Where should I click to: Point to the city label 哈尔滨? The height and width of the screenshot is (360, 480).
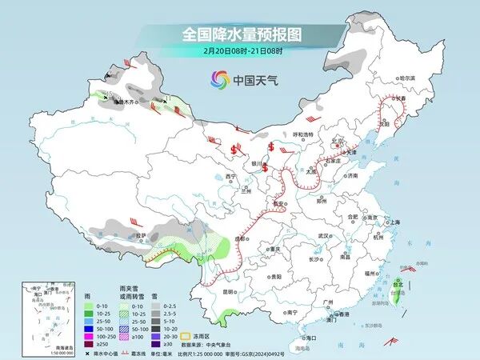click(x=408, y=78)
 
